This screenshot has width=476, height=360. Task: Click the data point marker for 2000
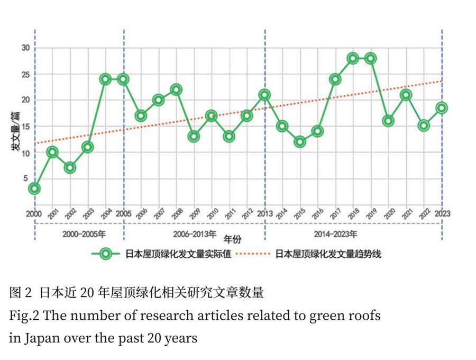click(x=35, y=188)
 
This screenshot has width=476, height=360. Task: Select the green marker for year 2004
click(x=106, y=79)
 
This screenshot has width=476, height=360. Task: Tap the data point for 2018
click(x=353, y=58)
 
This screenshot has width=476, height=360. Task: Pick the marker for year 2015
click(x=300, y=142)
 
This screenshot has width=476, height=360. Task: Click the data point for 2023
click(x=442, y=108)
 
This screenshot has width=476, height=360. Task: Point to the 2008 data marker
click(x=176, y=89)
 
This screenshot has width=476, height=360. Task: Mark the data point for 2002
click(x=70, y=168)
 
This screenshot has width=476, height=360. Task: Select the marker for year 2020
click(x=389, y=121)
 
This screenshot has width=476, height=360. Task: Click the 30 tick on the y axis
click(x=25, y=48)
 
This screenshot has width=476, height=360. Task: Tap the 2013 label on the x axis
click(x=265, y=214)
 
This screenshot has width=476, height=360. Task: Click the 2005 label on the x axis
click(x=123, y=214)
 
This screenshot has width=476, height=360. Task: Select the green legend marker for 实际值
click(x=106, y=254)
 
